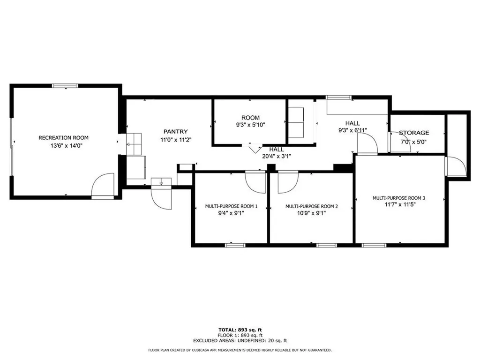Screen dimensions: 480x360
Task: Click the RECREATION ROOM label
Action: pos(63,138)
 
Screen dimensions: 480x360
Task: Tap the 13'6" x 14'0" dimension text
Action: pos(67,146)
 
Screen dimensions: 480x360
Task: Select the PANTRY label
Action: pos(175,132)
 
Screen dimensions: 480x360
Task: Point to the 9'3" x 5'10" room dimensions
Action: pos(250,125)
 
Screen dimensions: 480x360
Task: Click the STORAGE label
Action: pos(414,133)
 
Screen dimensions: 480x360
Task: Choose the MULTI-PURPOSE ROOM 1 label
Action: pos(231,206)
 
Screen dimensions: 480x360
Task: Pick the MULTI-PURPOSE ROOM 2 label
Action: pos(312,206)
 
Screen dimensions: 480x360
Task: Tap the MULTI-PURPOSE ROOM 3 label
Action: pos(399,198)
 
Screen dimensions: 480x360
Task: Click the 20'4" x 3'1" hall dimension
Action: pos(277,156)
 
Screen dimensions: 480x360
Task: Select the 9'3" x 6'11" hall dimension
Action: pos(352,130)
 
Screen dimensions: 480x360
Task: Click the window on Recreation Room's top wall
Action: pos(65,86)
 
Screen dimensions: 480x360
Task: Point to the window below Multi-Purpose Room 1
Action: pos(235,245)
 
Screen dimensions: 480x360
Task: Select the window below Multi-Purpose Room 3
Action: pos(374,245)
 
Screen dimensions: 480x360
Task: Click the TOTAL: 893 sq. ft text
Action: pos(240,330)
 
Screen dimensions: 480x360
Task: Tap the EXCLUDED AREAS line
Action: pos(240,340)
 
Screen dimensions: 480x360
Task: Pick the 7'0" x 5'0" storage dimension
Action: pos(413,142)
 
